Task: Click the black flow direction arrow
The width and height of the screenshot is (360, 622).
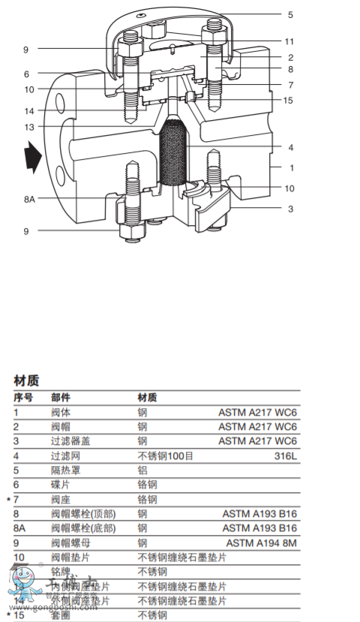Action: pos(32,158)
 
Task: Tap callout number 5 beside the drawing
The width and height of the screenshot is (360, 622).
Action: pos(290,14)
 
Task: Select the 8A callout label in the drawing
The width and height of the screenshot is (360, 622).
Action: pos(28,199)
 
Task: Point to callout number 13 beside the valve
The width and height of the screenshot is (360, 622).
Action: pos(28,127)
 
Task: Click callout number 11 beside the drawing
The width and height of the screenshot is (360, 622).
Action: pos(289,41)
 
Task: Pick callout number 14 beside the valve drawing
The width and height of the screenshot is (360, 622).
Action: pos(28,111)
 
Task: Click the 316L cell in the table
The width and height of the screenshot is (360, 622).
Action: pos(286,455)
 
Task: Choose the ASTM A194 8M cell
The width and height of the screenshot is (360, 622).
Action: pos(261,542)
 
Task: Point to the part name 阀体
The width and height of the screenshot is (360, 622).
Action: pos(61,412)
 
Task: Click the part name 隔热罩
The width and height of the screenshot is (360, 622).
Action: pos(65,470)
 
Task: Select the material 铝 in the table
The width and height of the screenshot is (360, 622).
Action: pos(142,470)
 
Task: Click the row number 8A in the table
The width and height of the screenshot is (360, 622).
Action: pos(20,528)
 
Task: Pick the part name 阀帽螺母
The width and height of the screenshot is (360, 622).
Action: pos(70,542)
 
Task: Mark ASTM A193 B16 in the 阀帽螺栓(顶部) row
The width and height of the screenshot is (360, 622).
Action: pos(259,514)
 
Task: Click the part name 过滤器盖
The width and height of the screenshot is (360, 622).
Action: pos(70,440)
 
